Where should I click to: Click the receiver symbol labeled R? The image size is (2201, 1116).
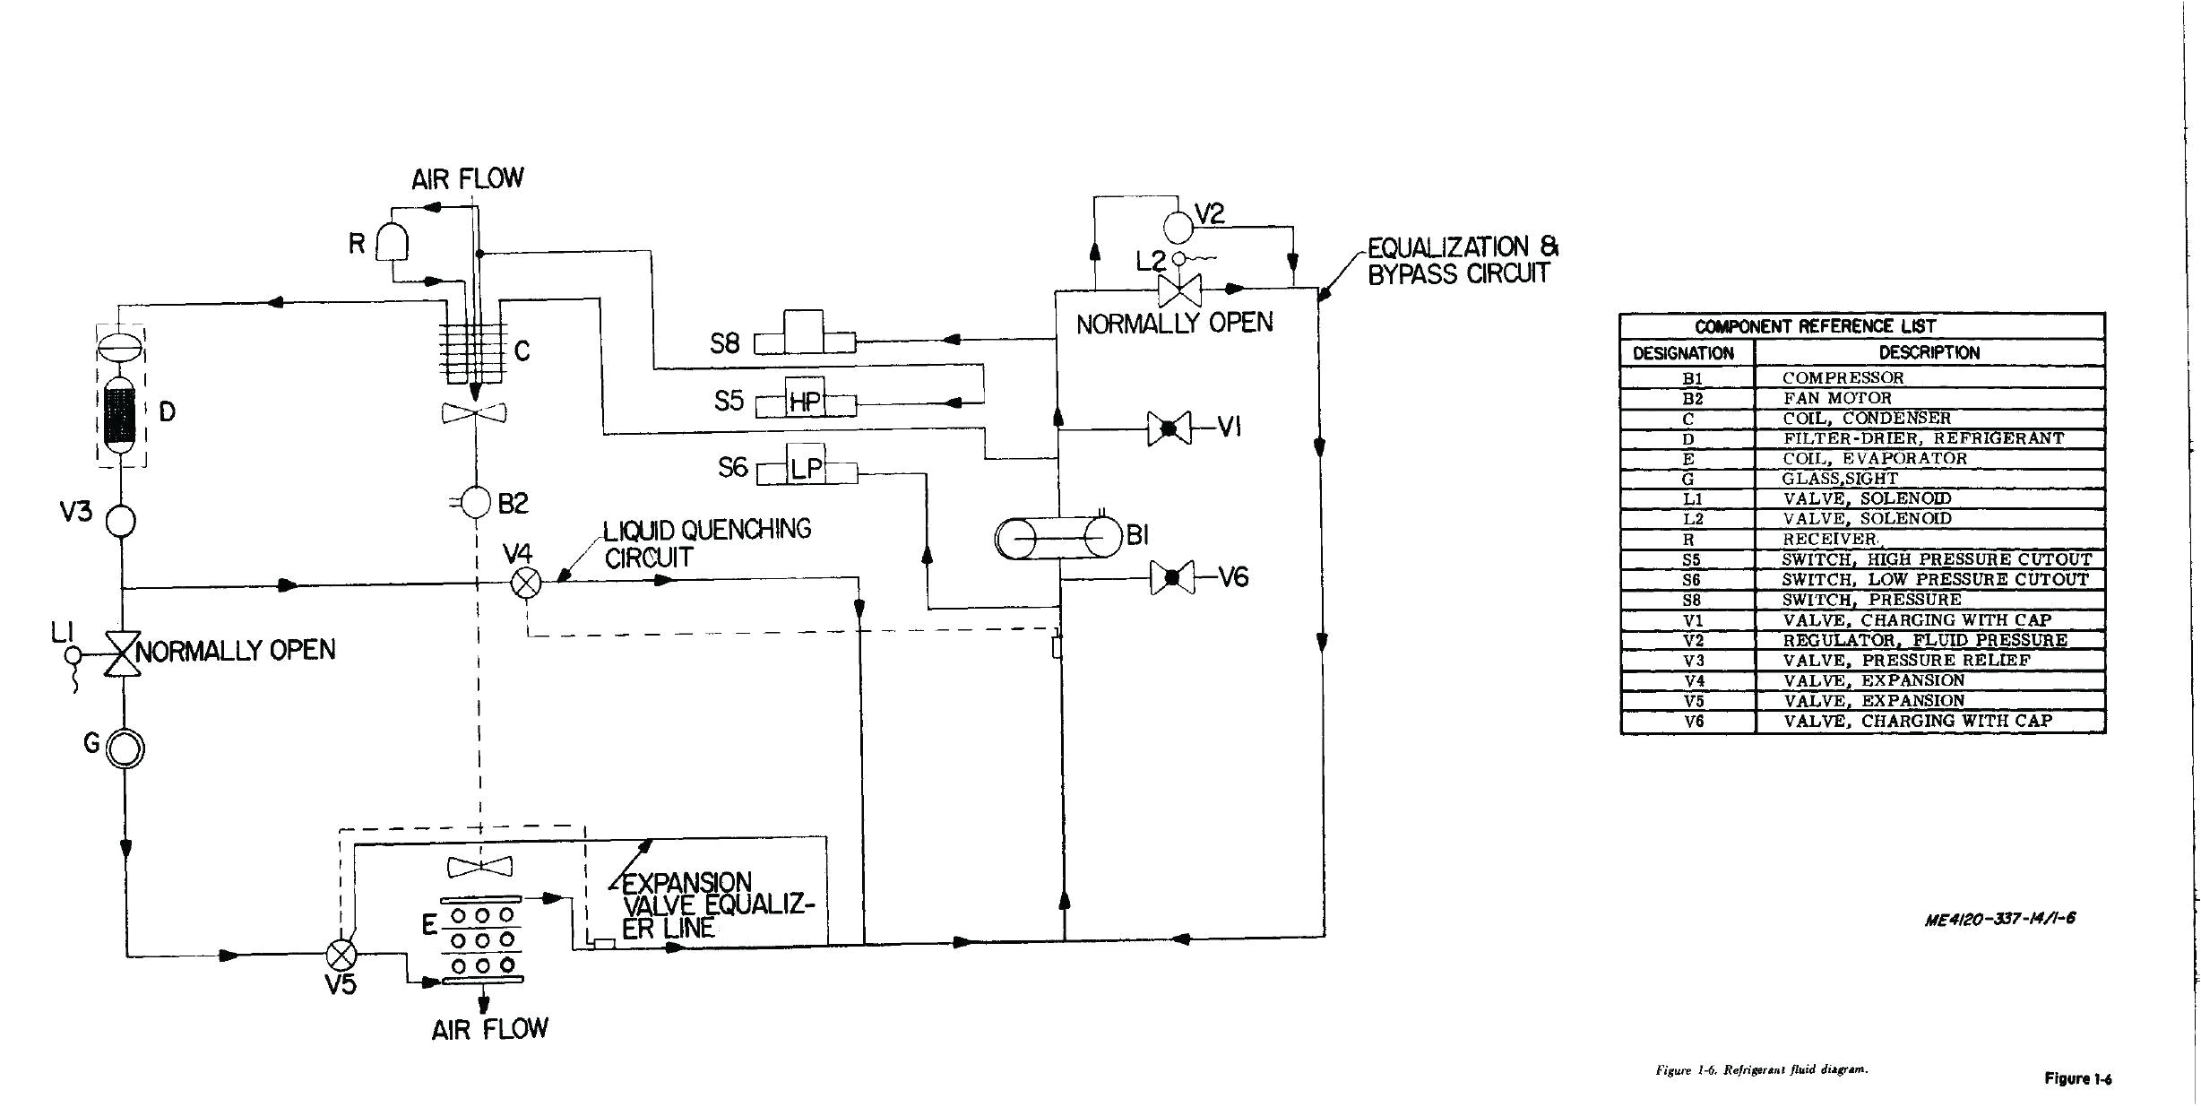point(393,241)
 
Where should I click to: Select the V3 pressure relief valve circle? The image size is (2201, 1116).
point(120,520)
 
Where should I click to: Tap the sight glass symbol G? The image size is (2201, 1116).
point(125,748)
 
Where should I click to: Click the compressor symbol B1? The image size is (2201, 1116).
point(1058,538)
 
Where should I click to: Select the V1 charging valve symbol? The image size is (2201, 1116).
point(1170,428)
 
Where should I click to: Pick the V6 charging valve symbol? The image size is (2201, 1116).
point(1171,578)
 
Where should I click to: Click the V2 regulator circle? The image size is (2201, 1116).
point(1178,225)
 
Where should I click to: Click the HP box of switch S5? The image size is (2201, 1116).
point(805,401)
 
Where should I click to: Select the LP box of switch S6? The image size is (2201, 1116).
point(806,467)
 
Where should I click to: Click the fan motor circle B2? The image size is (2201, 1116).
point(478,502)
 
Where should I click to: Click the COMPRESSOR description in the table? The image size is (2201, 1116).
point(1843,378)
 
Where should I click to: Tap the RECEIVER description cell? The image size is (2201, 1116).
point(1829,539)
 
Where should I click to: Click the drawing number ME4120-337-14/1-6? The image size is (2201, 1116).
point(1999,918)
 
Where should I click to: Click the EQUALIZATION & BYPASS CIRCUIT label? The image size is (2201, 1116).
point(1462,260)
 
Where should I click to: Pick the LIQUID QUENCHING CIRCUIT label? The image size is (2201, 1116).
point(706,543)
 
